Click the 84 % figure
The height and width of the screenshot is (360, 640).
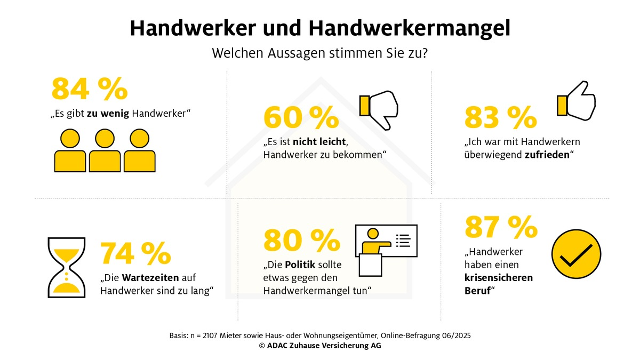tap(89, 89)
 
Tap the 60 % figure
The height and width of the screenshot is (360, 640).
tap(301, 118)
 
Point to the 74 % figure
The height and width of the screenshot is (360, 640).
tap(135, 253)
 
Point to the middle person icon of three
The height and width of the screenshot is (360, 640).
tap(105, 150)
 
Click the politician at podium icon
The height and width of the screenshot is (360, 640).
tap(385, 250)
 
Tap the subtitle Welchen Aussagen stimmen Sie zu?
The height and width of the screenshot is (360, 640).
tap(319, 54)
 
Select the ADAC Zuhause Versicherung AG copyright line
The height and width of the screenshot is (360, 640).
tap(319, 346)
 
